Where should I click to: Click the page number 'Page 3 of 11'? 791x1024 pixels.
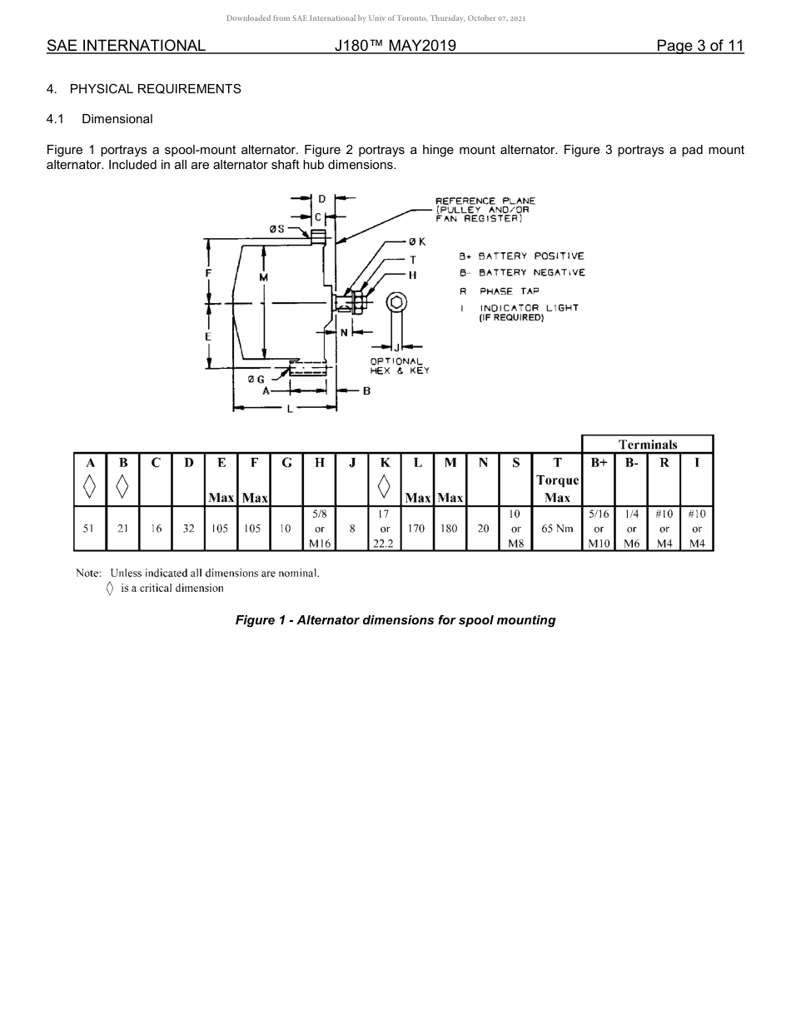pyautogui.click(x=699, y=46)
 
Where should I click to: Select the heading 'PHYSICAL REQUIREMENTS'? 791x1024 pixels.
pyautogui.click(x=155, y=89)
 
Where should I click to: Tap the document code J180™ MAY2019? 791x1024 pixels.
pyautogui.click(x=395, y=46)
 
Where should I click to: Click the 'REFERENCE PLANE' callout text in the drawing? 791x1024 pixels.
pyautogui.click(x=485, y=201)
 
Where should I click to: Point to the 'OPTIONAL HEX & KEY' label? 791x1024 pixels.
pyautogui.click(x=400, y=365)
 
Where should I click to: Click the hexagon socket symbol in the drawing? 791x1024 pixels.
pyautogui.click(x=397, y=302)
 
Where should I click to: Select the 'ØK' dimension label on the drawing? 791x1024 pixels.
pyautogui.click(x=417, y=242)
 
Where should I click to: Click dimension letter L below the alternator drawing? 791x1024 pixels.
pyautogui.click(x=289, y=409)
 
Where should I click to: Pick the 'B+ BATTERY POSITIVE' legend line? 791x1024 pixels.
pyautogui.click(x=522, y=256)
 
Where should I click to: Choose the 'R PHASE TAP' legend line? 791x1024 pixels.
pyautogui.click(x=500, y=291)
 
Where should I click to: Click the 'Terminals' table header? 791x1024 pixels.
pyautogui.click(x=647, y=445)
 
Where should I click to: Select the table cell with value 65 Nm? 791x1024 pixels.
pyautogui.click(x=557, y=529)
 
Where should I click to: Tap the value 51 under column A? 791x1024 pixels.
pyautogui.click(x=89, y=529)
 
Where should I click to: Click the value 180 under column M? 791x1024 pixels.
pyautogui.click(x=450, y=529)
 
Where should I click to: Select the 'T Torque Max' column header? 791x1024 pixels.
pyautogui.click(x=557, y=480)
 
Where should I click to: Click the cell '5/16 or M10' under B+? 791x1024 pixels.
pyautogui.click(x=598, y=529)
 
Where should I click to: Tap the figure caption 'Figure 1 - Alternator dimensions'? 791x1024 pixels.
pyautogui.click(x=395, y=620)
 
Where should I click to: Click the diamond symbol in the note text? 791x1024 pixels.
pyautogui.click(x=110, y=589)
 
